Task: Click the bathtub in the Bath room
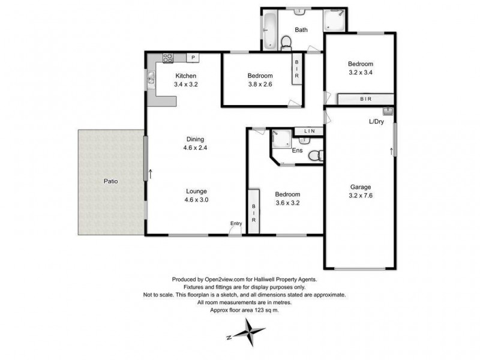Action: (x=270, y=31)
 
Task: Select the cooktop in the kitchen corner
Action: (x=168, y=58)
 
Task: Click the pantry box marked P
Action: (x=193, y=58)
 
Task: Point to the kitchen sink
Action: (x=151, y=77)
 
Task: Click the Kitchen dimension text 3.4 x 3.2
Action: (x=185, y=85)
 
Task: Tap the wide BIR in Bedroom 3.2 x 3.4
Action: (x=365, y=98)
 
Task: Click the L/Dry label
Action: (x=377, y=122)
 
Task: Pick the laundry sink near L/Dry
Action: (x=387, y=112)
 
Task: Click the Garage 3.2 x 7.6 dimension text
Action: (x=361, y=195)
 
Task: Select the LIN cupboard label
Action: (x=309, y=131)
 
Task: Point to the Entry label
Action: (x=236, y=224)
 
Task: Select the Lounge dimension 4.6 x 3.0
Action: (x=196, y=200)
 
